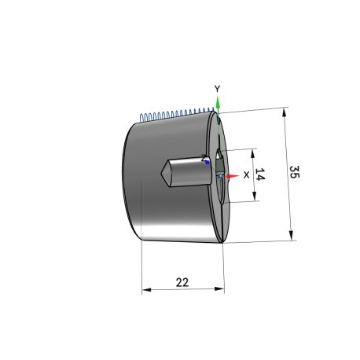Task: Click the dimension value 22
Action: (182, 282)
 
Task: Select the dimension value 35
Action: (295, 172)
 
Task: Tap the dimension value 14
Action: (260, 174)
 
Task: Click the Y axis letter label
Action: (217, 89)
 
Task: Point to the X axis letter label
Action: (246, 174)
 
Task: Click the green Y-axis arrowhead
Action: (218, 102)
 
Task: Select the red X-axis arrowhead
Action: (233, 176)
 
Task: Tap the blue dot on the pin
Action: (208, 163)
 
